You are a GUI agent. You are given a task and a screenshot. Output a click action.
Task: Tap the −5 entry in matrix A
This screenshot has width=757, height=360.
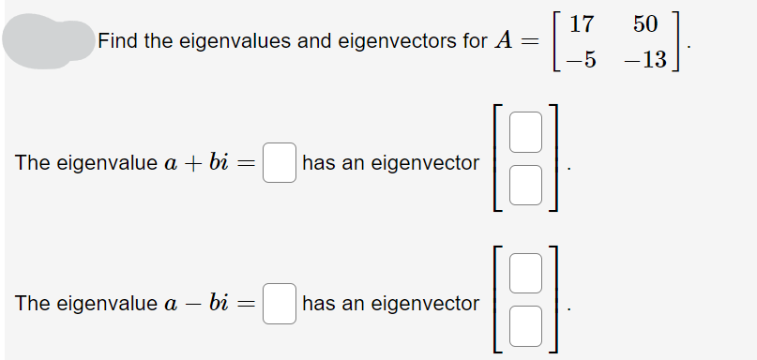582,60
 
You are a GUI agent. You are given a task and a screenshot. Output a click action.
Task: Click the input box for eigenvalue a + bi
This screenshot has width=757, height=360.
280,163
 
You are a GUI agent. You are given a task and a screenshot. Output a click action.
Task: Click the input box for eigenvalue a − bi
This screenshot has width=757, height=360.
280,304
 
